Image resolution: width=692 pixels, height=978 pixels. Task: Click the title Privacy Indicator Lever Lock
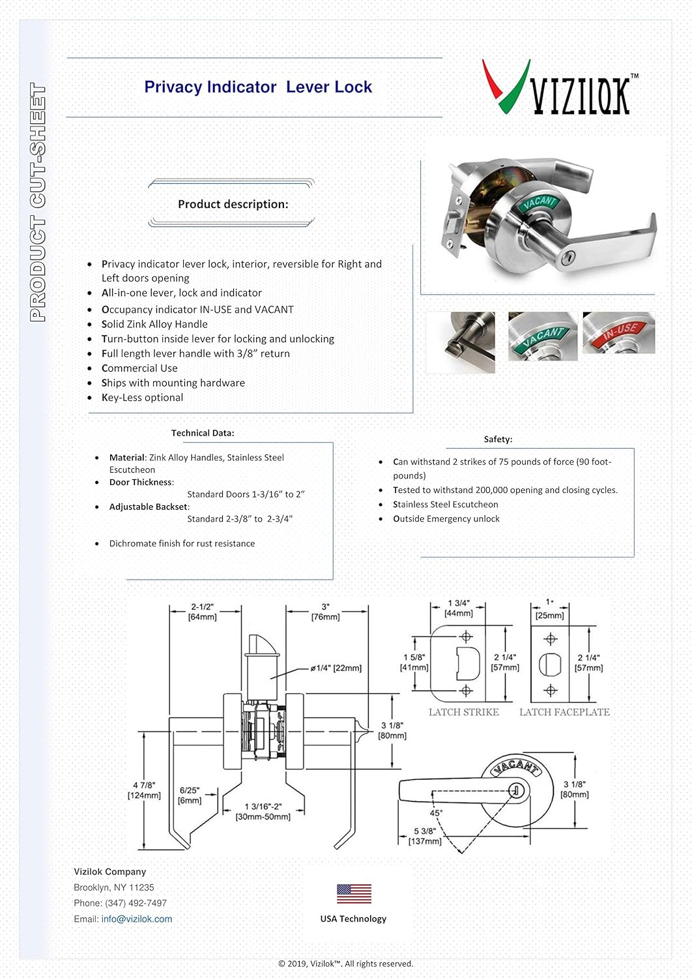click(x=258, y=87)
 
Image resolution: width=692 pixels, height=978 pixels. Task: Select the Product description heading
click(x=233, y=204)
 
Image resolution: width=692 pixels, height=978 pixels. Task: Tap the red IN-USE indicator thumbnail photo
click(x=618, y=333)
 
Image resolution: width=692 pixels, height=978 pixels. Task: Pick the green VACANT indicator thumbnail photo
click(x=542, y=336)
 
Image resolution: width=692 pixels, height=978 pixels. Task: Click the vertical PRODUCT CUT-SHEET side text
click(x=38, y=202)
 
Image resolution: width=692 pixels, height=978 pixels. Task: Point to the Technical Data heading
click(x=203, y=433)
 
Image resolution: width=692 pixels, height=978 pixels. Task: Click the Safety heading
click(x=498, y=439)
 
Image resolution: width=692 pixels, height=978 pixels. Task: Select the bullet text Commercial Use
click(x=139, y=368)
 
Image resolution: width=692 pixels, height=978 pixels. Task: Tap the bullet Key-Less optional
click(x=142, y=398)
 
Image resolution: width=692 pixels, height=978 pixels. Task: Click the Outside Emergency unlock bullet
click(x=446, y=519)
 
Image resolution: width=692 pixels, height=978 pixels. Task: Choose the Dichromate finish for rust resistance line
click(x=182, y=544)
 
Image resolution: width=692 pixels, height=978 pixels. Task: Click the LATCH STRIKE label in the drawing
click(x=463, y=712)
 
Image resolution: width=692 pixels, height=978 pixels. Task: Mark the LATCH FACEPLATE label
click(x=564, y=712)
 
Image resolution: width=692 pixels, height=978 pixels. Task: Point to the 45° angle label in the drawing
click(x=436, y=813)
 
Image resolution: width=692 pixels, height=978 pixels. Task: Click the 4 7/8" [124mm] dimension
click(x=144, y=790)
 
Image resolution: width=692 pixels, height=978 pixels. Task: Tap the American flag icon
click(x=354, y=893)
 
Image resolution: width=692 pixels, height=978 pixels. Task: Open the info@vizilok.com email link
click(x=137, y=919)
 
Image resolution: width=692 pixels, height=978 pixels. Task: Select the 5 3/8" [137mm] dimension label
click(x=425, y=836)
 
